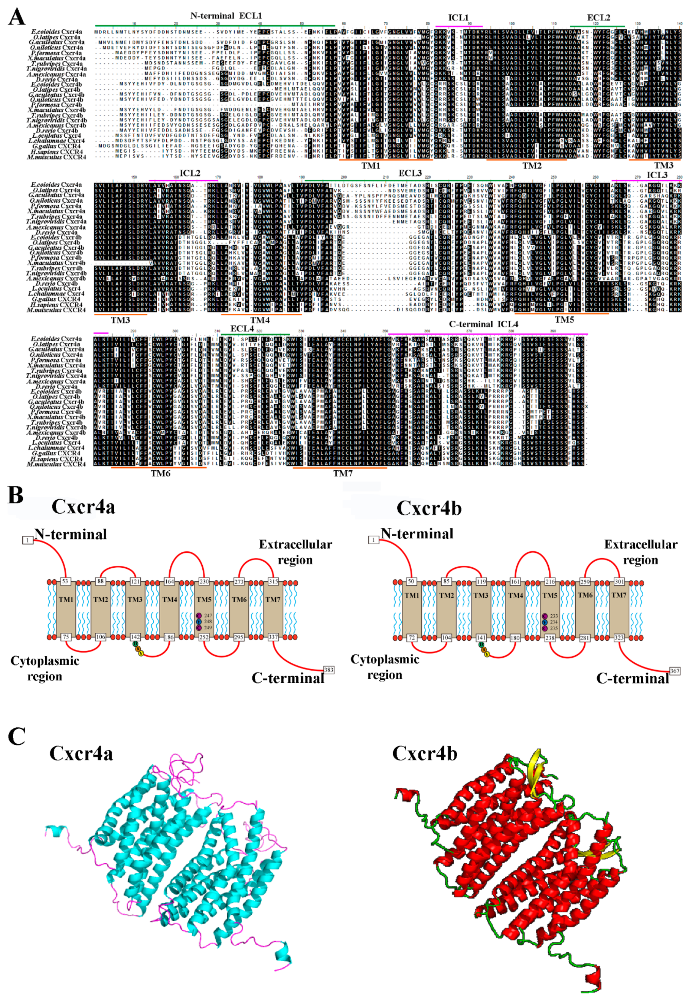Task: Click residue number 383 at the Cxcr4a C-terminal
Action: coord(329,670)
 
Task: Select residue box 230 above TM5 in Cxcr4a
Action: coord(204,581)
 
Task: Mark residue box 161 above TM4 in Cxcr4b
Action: coord(515,581)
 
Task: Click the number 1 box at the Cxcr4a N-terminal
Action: coord(28,540)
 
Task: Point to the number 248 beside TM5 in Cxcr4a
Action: coord(208,621)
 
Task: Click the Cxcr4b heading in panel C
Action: coord(425,753)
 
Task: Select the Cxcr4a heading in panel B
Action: coord(83,507)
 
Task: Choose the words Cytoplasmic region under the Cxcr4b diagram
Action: coord(385,667)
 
